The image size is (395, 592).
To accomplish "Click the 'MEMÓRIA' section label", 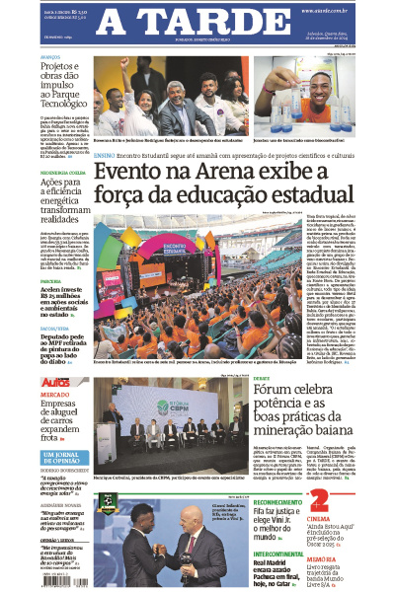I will click(x=326, y=556).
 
